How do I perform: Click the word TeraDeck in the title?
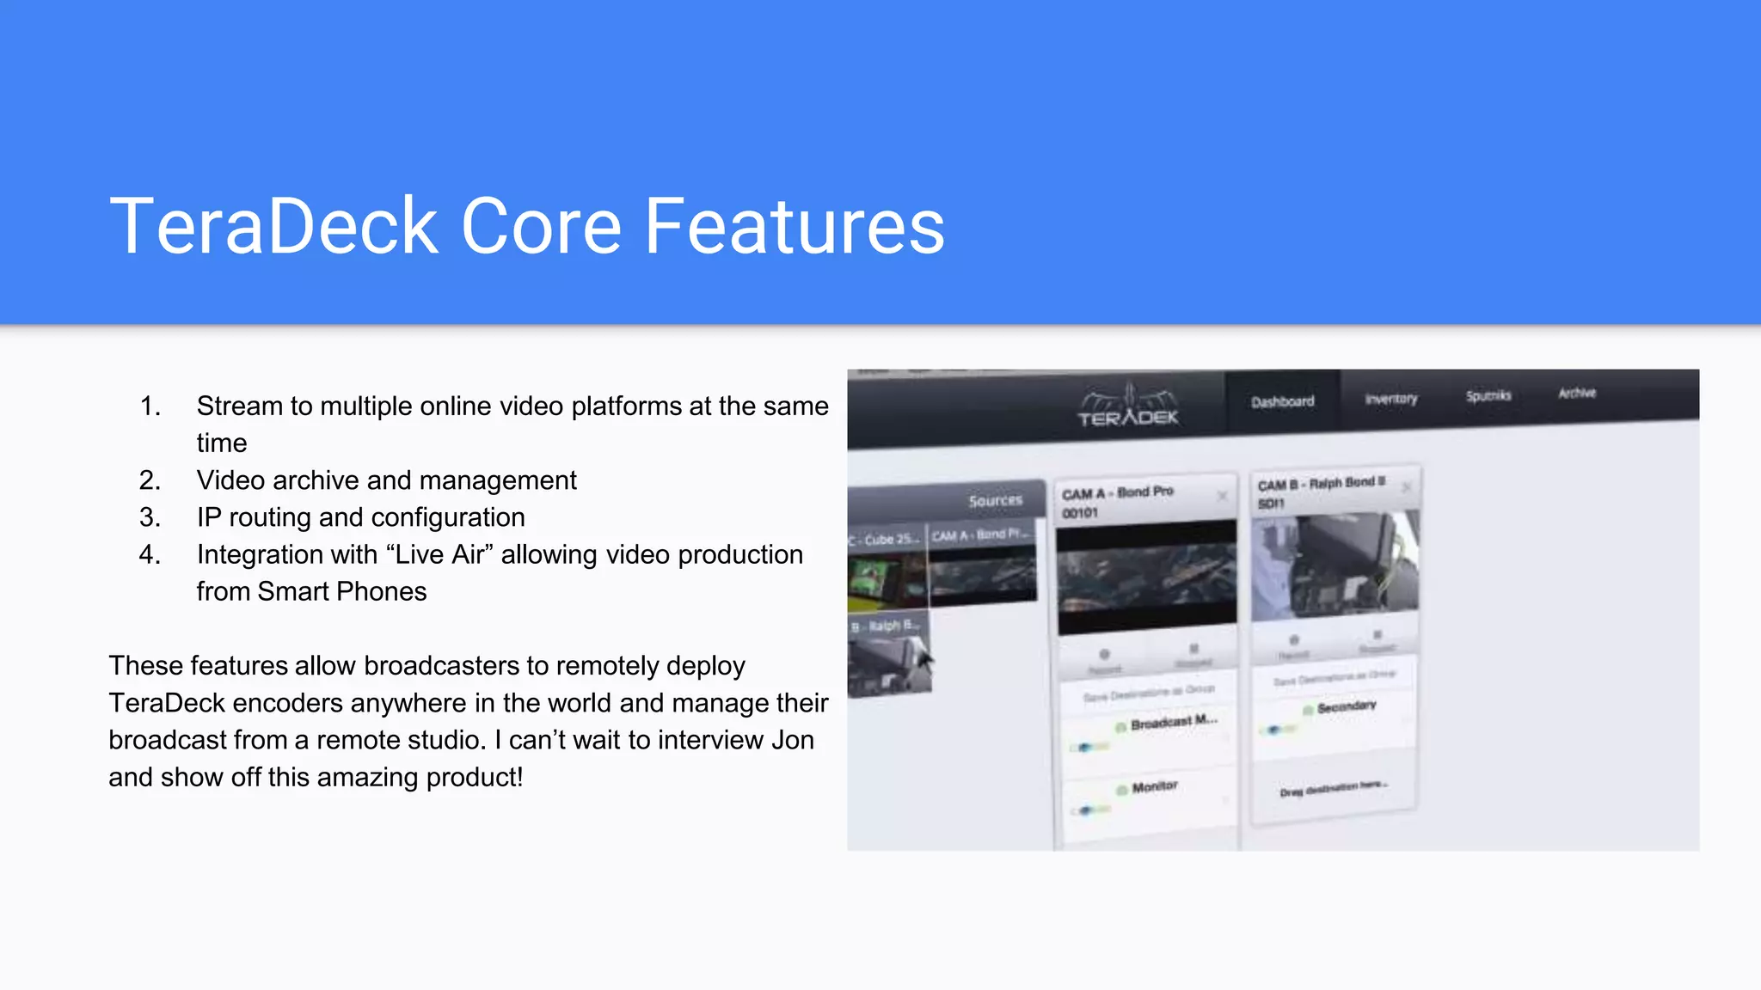273,226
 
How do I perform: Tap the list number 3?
150,517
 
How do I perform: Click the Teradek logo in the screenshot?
1127,406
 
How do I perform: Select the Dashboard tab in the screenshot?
1282,401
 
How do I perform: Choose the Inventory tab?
1390,399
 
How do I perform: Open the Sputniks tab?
1488,396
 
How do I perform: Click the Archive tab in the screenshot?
1577,393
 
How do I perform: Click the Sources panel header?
995,500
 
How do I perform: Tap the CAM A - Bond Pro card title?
1117,492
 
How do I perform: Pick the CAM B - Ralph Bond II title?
1321,484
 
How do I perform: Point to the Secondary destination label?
1346,706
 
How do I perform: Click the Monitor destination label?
1154,787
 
